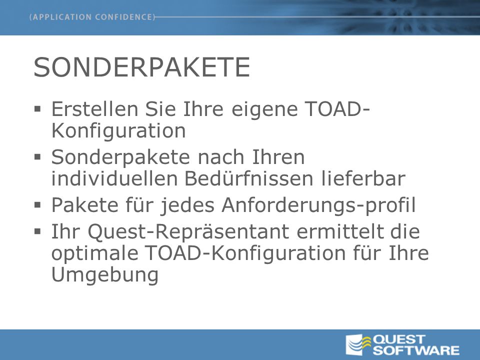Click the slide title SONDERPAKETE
pos(141,67)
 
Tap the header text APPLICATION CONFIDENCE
pos(92,17)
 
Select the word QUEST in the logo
pos(399,339)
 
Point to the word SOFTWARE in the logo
pos(416,350)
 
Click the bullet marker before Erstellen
pos(37,109)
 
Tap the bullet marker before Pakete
pos(37,205)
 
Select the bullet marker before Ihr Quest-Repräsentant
pos(37,231)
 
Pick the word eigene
pos(264,109)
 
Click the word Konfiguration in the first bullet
pos(118,130)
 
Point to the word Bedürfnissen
pos(249,178)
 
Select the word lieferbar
pos(363,178)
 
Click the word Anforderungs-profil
pos(318,205)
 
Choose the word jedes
pos(187,205)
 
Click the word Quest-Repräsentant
pos(188,231)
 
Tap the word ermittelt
pos(340,231)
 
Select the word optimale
pos(94,253)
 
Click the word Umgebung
pos(105,275)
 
